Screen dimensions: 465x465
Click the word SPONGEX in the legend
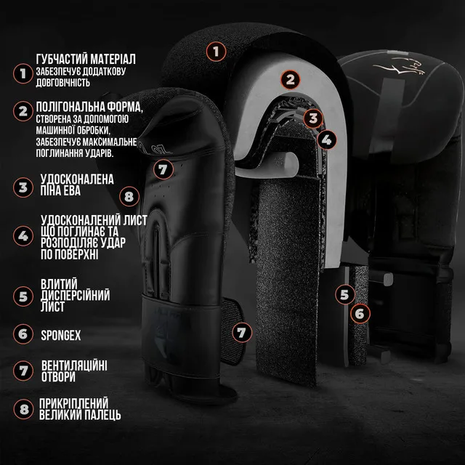[x=61, y=336]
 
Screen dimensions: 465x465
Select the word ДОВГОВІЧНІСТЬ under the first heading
[x=63, y=82]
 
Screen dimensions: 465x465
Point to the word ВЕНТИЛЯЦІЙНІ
[x=74, y=365]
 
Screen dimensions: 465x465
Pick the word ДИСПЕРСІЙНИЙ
[x=76, y=296]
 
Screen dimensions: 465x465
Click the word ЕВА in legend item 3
[x=71, y=190]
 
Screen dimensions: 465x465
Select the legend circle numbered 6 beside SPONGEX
[x=23, y=334]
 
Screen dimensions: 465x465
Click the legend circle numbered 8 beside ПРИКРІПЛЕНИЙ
[x=23, y=410]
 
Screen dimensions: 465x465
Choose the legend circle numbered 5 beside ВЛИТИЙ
[x=23, y=296]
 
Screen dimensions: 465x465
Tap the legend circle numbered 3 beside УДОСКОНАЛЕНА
[x=23, y=187]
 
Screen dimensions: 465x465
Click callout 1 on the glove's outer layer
[x=217, y=52]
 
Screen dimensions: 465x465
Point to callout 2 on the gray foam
[x=291, y=79]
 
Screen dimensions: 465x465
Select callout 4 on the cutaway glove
[x=326, y=139]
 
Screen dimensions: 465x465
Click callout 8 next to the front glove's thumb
[x=129, y=196]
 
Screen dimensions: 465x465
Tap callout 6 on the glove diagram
[x=360, y=313]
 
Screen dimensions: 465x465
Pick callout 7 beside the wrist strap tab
[x=242, y=333]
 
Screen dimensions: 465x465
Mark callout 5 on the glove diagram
[x=345, y=294]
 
